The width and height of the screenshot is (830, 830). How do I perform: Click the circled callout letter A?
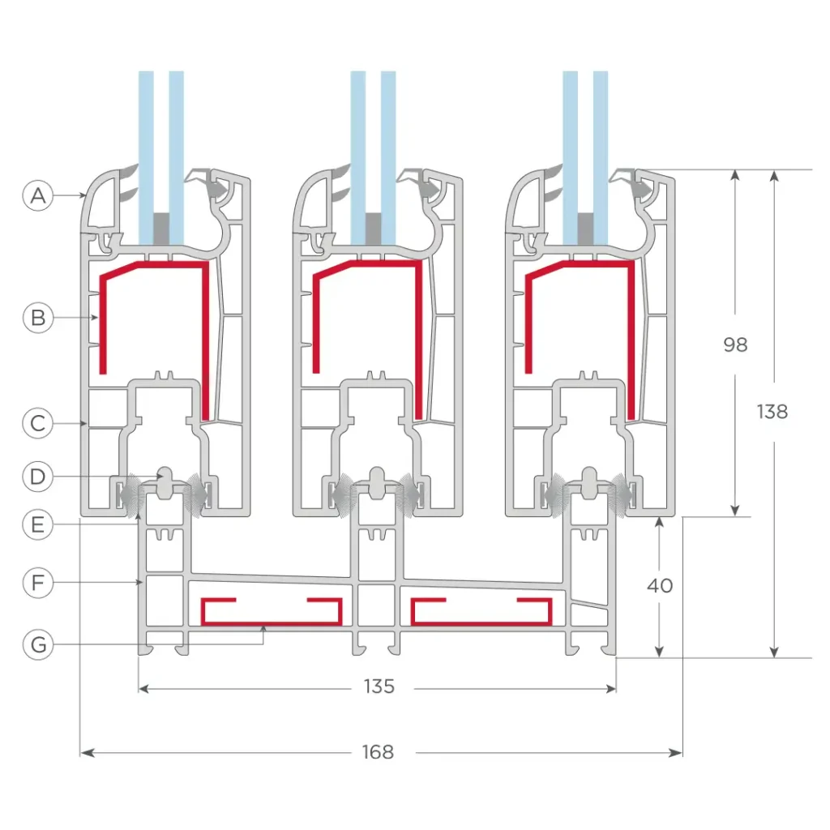(x=38, y=195)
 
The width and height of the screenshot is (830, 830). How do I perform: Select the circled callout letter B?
(x=38, y=318)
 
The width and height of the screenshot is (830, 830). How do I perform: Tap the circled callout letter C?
(x=38, y=422)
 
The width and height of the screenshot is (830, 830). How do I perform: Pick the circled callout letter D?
(x=38, y=476)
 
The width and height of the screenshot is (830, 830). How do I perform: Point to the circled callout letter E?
(x=38, y=525)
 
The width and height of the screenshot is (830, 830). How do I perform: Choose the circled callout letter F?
(x=38, y=583)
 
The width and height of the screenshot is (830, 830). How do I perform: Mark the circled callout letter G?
(x=38, y=645)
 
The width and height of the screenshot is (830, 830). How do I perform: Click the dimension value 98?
(x=734, y=344)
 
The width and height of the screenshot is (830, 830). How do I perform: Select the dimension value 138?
(x=772, y=412)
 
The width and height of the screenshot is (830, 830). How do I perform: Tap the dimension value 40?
(x=661, y=585)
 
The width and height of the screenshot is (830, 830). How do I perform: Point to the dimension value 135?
(x=378, y=687)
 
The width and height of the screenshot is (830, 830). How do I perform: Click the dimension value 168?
(x=378, y=752)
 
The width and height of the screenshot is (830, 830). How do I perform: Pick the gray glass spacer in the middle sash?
(x=374, y=228)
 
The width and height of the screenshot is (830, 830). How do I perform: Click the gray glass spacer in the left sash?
(x=161, y=228)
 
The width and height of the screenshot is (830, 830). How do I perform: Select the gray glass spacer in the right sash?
(x=586, y=228)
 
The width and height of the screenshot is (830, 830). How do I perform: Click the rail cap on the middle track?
(x=376, y=480)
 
